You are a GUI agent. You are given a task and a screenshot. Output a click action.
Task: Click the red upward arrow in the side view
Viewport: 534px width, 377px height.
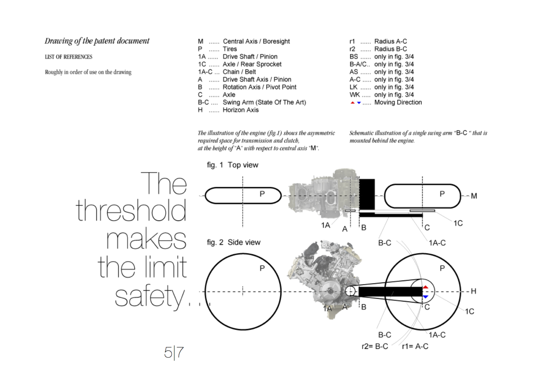[426, 287]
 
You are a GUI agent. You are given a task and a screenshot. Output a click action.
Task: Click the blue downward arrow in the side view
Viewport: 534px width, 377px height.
[426, 297]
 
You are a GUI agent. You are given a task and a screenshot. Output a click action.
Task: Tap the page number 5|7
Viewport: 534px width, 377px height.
[174, 353]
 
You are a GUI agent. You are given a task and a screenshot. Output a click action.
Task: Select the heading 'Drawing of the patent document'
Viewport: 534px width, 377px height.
[97, 41]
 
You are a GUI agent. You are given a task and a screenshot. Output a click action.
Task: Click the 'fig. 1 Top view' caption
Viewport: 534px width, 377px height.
[232, 165]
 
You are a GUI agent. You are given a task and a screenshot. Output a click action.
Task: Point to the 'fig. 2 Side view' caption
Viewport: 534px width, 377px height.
[233, 242]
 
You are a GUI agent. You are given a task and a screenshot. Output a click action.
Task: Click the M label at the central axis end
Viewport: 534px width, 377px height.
[474, 196]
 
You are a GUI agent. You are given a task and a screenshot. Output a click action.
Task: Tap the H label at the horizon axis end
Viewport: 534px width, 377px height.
[473, 291]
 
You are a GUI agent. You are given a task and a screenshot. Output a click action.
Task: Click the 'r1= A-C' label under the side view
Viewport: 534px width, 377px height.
[415, 346]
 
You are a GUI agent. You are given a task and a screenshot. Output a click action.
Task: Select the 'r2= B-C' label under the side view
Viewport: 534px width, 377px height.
[375, 346]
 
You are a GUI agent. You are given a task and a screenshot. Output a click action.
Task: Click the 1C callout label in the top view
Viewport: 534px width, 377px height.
[458, 223]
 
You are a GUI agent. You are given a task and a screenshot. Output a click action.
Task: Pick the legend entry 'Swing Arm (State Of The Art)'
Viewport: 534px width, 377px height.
[264, 102]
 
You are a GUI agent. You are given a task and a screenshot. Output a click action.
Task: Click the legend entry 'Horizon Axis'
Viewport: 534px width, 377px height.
[241, 110]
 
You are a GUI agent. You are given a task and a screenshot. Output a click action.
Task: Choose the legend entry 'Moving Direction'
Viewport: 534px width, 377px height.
[398, 102]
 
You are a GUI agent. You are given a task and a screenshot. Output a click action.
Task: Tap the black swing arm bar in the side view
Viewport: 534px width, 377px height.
[391, 292]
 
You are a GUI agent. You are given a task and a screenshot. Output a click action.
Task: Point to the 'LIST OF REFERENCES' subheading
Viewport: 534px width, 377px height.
[69, 57]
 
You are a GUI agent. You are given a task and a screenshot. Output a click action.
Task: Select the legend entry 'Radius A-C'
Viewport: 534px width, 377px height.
[391, 41]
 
